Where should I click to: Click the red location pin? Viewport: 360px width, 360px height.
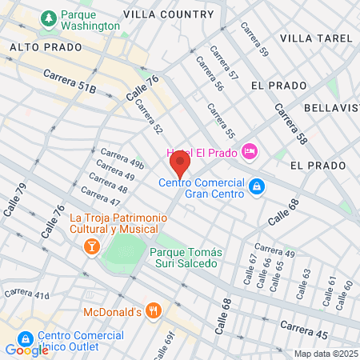click(179, 165)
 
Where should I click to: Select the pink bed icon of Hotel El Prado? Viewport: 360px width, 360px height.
click(250, 150)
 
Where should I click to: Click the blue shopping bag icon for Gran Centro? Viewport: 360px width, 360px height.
click(256, 187)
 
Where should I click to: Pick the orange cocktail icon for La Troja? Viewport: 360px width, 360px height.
click(92, 246)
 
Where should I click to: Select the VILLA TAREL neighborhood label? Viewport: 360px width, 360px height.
click(316, 38)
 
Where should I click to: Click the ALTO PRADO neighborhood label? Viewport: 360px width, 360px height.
click(46, 47)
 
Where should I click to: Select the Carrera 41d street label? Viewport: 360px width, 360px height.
click(26, 294)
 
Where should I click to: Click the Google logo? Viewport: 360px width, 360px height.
click(26, 350)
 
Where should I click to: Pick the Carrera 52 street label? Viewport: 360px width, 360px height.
click(148, 117)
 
